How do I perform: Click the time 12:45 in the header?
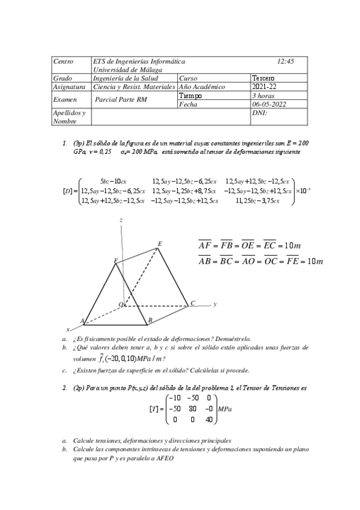coord(285,61)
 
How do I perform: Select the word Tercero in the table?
coord(263,78)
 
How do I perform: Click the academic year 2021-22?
coord(264,87)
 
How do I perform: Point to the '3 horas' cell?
coord(263,96)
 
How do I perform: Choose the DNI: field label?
coord(260,112)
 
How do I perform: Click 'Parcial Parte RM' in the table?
coord(121,100)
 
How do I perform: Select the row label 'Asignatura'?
coord(69,87)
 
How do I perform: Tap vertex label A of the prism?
coord(82,321)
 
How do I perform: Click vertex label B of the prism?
coord(150,321)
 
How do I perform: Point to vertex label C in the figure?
coord(192,303)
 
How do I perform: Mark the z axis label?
coord(121,221)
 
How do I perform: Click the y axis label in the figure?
coord(215,304)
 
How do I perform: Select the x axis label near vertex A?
coord(68,330)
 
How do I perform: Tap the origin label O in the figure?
coord(120,304)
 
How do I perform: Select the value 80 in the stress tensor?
coord(189,409)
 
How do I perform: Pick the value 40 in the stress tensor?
coord(209,419)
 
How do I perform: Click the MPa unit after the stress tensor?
coord(226,409)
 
